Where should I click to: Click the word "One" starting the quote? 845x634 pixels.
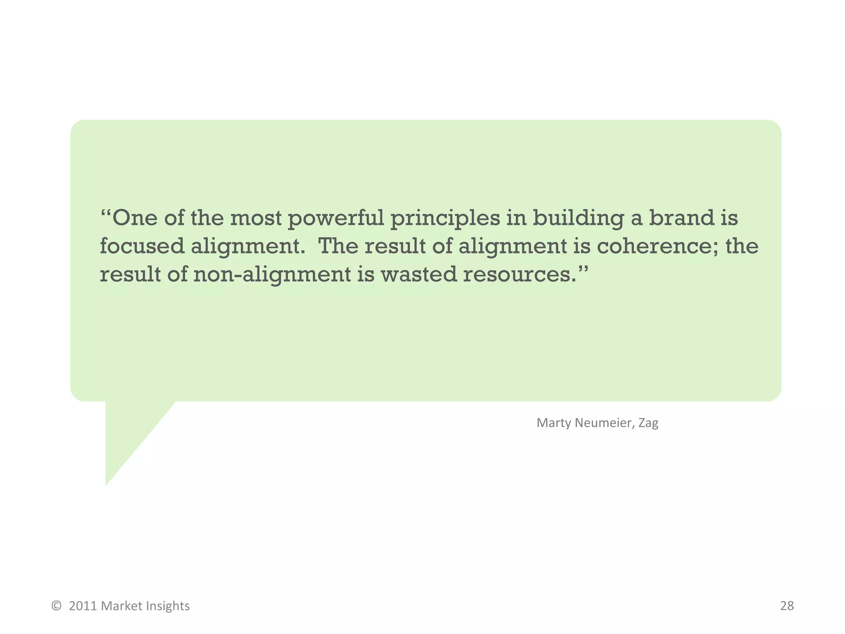(135, 218)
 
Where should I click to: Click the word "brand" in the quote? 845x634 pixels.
(682, 218)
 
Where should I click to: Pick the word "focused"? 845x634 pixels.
(142, 246)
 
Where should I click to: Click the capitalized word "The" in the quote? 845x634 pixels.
(338, 246)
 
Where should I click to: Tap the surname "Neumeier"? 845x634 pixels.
(604, 423)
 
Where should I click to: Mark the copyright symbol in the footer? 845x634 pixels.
(57, 606)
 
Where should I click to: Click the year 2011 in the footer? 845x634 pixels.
(83, 606)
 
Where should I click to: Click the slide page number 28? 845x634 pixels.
(787, 606)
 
